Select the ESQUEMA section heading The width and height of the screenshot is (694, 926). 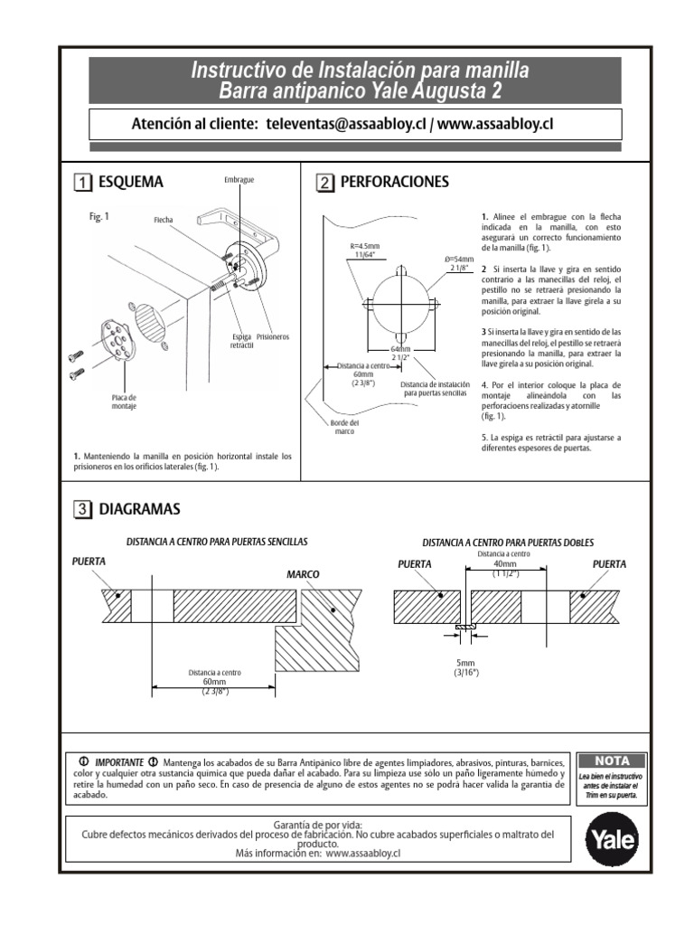click(x=133, y=182)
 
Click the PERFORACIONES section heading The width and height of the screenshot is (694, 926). click(x=394, y=182)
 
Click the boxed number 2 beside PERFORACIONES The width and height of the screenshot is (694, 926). click(x=324, y=183)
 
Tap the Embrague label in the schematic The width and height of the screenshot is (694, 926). click(x=239, y=180)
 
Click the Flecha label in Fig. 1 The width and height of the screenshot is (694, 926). click(x=163, y=220)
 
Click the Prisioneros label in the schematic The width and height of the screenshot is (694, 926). click(x=272, y=336)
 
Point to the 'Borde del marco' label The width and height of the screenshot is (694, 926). click(x=342, y=426)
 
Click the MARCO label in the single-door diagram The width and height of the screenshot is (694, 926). click(x=304, y=574)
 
